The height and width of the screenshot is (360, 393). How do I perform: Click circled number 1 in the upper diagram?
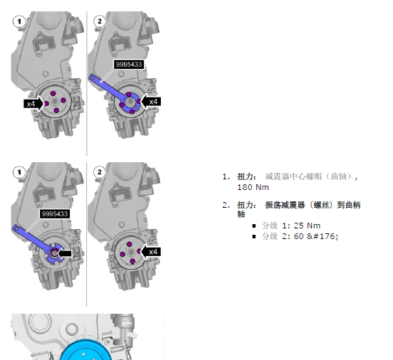point(19,21)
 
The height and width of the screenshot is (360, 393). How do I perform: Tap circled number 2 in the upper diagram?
point(100,21)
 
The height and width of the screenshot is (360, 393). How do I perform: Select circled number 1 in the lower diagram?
point(19,172)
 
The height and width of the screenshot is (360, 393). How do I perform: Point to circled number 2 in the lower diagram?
point(100,172)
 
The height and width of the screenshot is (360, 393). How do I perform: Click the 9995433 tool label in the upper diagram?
point(129,64)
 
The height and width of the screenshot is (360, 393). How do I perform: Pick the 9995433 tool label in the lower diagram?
point(55,214)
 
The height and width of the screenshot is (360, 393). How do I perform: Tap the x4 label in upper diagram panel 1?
point(31,104)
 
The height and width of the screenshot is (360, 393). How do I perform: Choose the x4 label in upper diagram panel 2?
point(153,102)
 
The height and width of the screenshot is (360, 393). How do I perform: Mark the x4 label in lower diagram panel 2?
point(153,252)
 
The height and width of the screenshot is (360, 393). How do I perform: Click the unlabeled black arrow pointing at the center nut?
point(65,253)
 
